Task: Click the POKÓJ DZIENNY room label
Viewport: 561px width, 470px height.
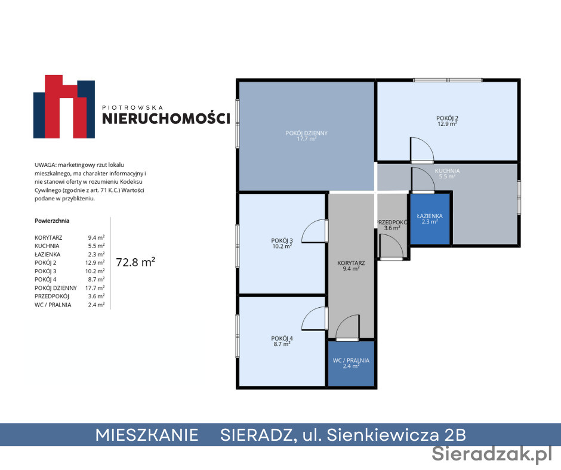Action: coord(306,135)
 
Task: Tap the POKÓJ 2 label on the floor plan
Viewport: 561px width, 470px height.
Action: coord(447,121)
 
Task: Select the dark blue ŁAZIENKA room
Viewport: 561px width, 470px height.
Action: coord(430,219)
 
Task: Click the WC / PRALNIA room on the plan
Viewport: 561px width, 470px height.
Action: coord(351,363)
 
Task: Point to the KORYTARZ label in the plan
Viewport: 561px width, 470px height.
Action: coord(351,266)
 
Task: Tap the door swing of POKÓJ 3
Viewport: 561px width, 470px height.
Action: coord(315,231)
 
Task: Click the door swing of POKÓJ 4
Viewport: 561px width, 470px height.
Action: coord(315,319)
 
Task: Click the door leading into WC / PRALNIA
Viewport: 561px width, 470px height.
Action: coord(347,327)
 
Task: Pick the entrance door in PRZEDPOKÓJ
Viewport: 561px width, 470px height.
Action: coord(392,246)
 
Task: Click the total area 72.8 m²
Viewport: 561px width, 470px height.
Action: coord(135,262)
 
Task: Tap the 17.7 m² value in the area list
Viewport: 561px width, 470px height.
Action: coord(95,288)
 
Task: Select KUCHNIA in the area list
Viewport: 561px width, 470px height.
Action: coord(47,246)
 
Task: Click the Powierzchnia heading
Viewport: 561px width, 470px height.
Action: coord(52,221)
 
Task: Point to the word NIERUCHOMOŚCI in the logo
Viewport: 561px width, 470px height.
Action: coord(166,118)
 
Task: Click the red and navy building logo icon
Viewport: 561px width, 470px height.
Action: coord(64,107)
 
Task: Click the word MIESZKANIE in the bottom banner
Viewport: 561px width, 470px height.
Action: coord(147,435)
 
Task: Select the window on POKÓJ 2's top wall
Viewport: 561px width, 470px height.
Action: coord(448,80)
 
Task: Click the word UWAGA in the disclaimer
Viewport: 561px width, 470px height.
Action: coord(45,165)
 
